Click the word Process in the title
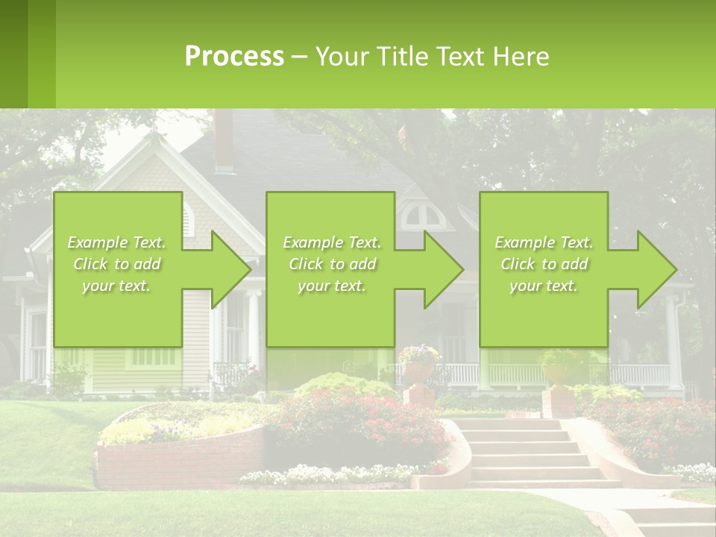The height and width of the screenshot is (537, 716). [234, 56]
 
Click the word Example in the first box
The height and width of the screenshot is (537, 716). [97, 242]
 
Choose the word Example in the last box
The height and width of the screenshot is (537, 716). [524, 242]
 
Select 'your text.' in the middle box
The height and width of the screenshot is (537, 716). [331, 286]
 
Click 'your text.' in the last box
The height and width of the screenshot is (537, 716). [543, 286]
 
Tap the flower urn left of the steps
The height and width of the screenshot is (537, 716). [418, 365]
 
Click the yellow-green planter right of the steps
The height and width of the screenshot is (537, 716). [557, 370]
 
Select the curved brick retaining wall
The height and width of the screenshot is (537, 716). [179, 462]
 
